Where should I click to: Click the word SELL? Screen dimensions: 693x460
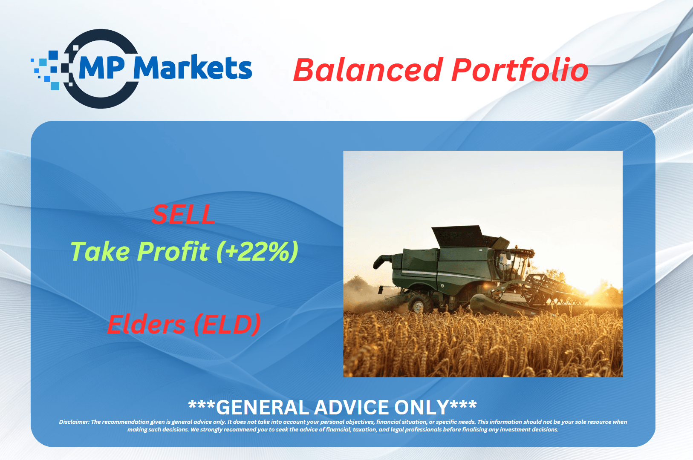(x=183, y=215)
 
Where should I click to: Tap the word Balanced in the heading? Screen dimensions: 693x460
(x=368, y=70)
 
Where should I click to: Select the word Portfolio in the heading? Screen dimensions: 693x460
(x=520, y=70)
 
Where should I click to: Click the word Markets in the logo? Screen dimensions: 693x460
(x=193, y=67)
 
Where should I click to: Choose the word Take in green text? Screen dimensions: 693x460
(x=100, y=251)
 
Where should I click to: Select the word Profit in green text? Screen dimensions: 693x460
(x=173, y=251)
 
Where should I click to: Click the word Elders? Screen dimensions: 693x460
(x=146, y=324)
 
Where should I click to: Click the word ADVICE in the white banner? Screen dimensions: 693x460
(x=351, y=407)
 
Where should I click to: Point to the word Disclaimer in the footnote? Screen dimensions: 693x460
(x=74, y=422)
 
